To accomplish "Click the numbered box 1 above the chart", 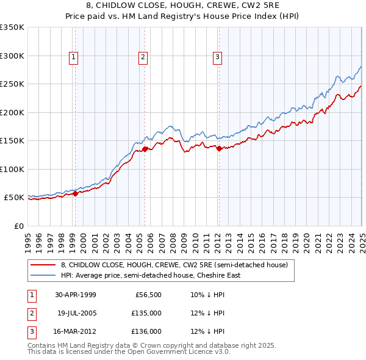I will click(x=73, y=58).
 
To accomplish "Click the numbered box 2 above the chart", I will click(x=143, y=58).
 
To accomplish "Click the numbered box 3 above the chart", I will click(x=217, y=58).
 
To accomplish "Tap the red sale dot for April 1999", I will click(x=76, y=194).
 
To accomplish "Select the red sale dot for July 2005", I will click(x=145, y=149).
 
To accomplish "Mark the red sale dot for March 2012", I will click(x=219, y=148).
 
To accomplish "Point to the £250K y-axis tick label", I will click(x=12, y=84).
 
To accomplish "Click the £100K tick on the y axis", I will click(x=12, y=169).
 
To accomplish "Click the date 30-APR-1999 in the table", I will click(x=76, y=295).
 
